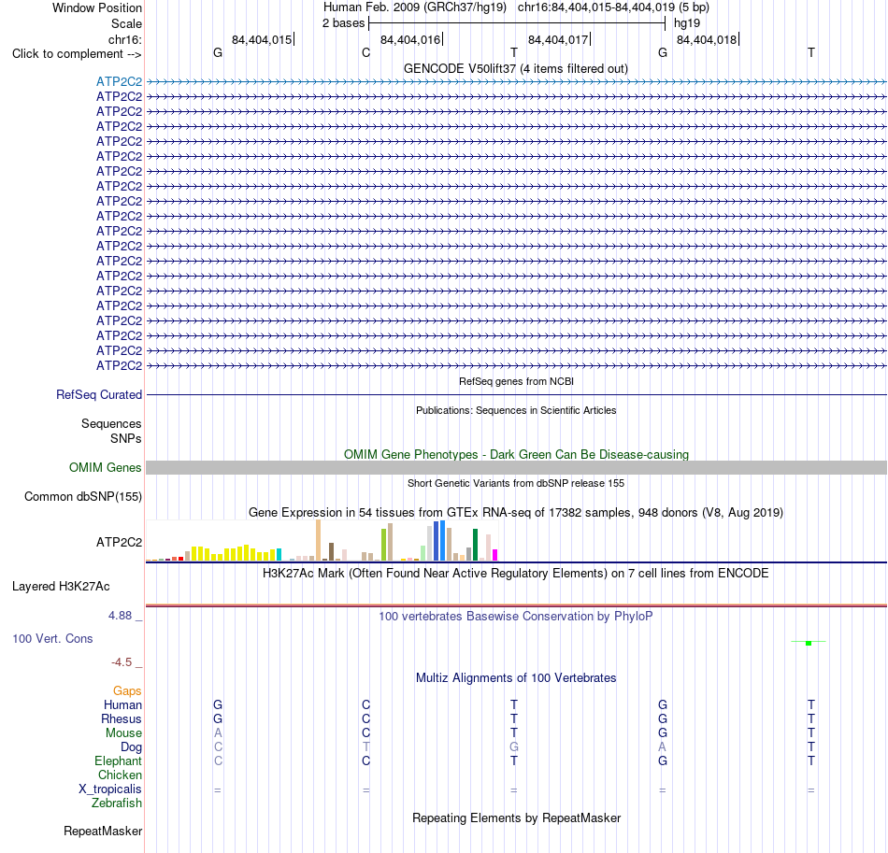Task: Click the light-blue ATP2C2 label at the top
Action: tap(119, 81)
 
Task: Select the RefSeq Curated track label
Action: tap(99, 394)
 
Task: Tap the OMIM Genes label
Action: tap(106, 467)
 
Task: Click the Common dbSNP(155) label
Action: tap(83, 496)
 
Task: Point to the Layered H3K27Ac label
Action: tap(61, 587)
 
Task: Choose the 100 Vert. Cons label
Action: tap(52, 638)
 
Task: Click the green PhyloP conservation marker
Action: tap(809, 643)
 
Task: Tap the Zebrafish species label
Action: tap(117, 803)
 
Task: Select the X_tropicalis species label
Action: tap(110, 789)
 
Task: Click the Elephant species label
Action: tap(119, 761)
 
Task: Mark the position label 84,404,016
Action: tap(410, 39)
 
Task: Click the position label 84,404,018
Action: tap(707, 39)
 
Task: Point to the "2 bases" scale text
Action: tap(343, 23)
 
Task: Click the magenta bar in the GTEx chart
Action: tap(495, 555)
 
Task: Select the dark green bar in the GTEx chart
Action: tap(475, 545)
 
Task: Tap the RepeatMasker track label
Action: tap(103, 831)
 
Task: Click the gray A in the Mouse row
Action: tap(218, 733)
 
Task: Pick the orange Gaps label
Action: tap(127, 690)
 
